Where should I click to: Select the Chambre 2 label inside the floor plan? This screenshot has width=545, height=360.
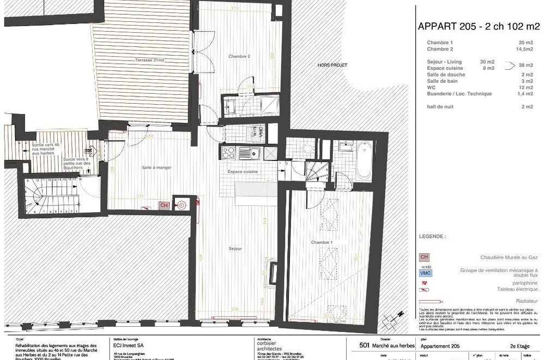point(239,56)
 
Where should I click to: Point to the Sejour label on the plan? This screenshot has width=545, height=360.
point(235,249)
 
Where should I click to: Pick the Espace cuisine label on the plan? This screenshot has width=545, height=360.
point(243,171)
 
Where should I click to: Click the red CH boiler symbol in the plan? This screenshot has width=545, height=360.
point(163,205)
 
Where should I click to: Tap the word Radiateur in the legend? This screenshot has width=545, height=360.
point(527,301)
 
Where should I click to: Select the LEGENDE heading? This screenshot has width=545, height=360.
point(432,237)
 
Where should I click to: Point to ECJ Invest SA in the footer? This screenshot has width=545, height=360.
point(129,345)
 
